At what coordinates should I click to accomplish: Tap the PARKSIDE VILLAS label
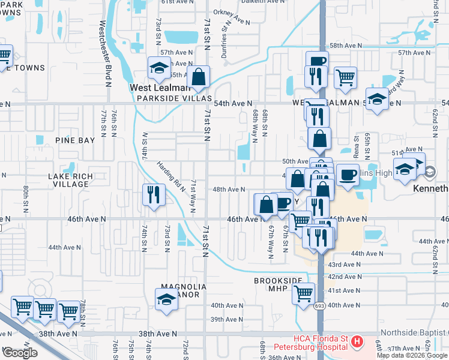coord(175,98)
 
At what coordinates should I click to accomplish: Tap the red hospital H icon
coord(357,342)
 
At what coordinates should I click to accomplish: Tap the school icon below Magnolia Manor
coord(167,299)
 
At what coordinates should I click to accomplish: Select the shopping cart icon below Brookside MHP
coord(304,294)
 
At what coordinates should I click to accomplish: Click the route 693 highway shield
coord(322,305)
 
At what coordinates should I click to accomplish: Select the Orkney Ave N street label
coord(235,22)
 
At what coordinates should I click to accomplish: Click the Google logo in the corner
coord(19,353)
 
